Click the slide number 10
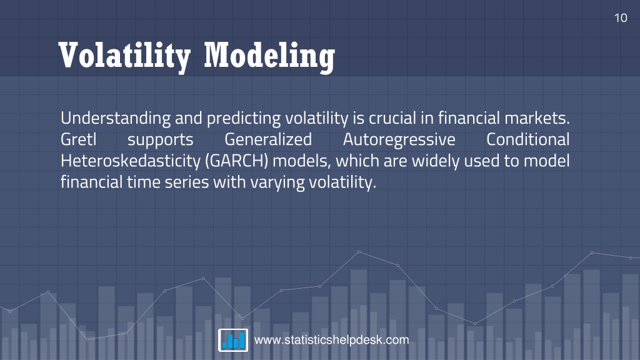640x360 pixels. tap(621, 18)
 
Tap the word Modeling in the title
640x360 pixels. tap(269, 56)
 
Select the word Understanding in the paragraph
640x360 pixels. tap(116, 118)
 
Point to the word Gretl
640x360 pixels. tap(78, 139)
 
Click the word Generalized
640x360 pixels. tap(267, 139)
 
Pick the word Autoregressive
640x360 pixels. tap(399, 140)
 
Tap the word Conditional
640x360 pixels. tap(527, 139)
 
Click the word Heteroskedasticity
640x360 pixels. tap(131, 161)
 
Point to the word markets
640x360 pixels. tap(537, 118)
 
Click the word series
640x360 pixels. tap(187, 182)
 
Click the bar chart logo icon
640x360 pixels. tap(233, 340)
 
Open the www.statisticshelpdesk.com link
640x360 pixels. tap(331, 340)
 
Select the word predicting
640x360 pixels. tap(244, 118)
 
